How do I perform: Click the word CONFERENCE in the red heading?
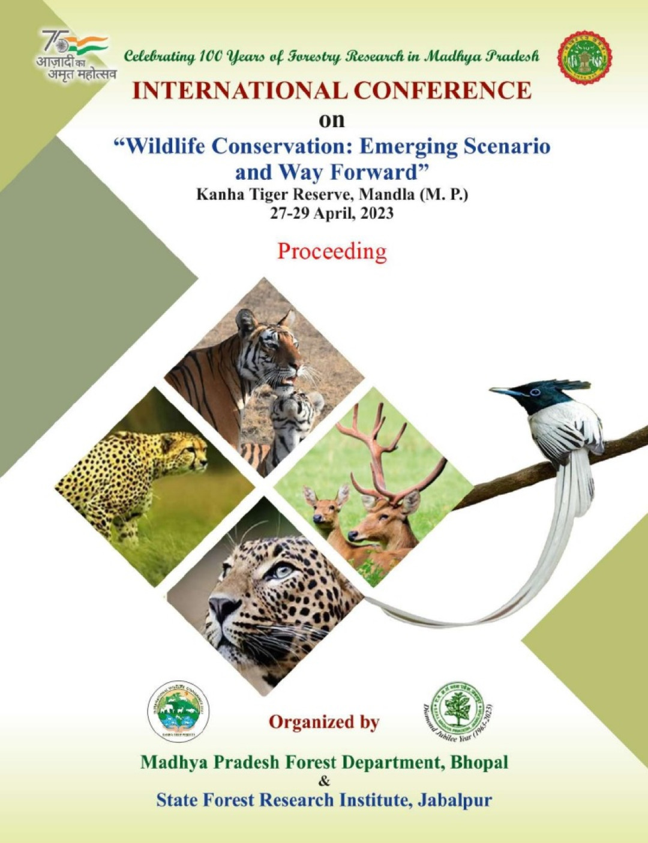click(x=442, y=91)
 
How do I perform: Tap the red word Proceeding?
click(x=332, y=251)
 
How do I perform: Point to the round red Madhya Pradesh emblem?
click(x=584, y=58)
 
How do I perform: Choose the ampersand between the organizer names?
click(x=325, y=781)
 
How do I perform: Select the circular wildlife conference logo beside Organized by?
click(x=178, y=711)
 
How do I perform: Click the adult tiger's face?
click(x=276, y=348)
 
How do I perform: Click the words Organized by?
click(x=324, y=722)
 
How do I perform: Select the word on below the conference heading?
click(x=332, y=119)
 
